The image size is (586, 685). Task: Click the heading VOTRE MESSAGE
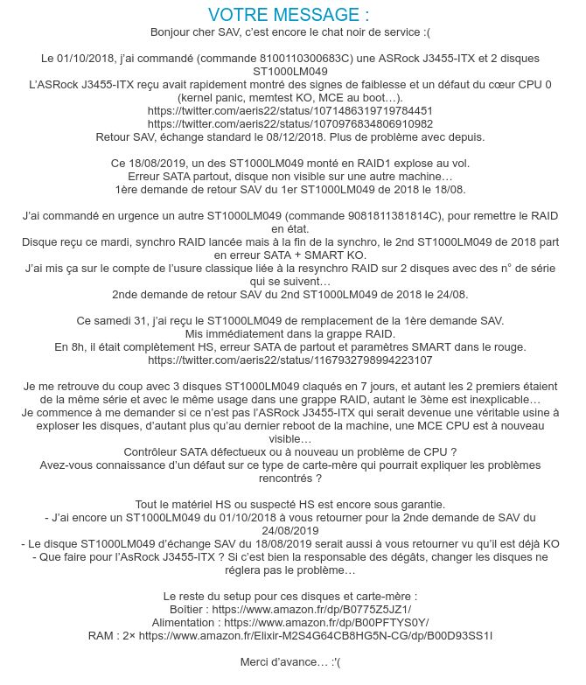tap(290, 15)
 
